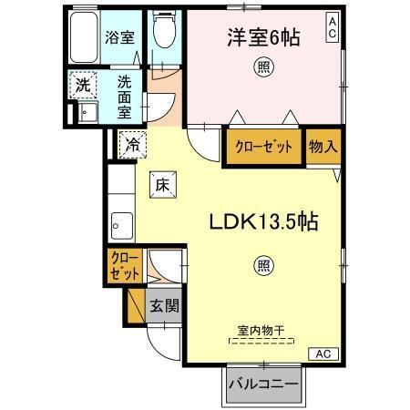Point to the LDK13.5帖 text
pyautogui.click(x=265, y=221)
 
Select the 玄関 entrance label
pyautogui.click(x=164, y=305)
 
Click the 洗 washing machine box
pyautogui.click(x=83, y=83)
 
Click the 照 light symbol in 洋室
pyautogui.click(x=263, y=67)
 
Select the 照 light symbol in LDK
pyautogui.click(x=262, y=267)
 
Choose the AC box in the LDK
pyautogui.click(x=323, y=354)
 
